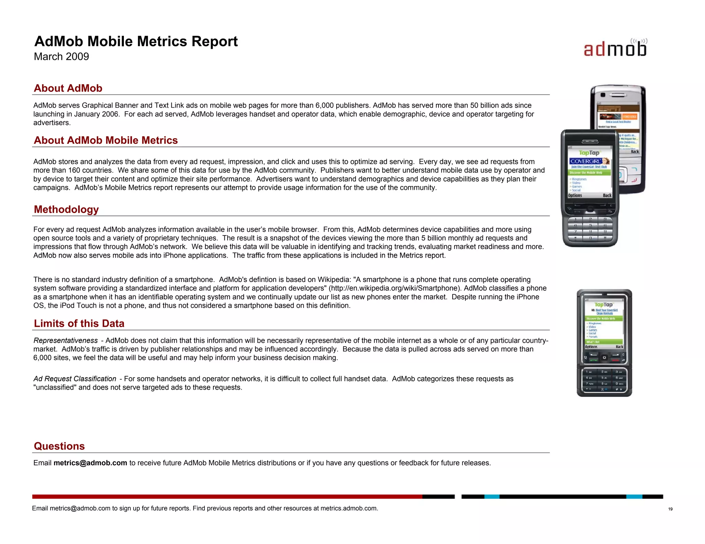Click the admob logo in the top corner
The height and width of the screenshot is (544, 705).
click(x=615, y=48)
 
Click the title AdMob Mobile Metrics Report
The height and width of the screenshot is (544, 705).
click(x=136, y=41)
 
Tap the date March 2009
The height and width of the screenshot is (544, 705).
click(x=61, y=56)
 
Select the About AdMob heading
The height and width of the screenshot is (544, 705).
click(x=68, y=88)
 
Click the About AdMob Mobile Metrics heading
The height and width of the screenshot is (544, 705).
click(x=106, y=140)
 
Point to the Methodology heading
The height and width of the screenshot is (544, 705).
click(x=66, y=209)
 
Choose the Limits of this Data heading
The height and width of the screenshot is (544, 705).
click(x=79, y=324)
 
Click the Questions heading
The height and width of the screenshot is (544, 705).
click(x=59, y=446)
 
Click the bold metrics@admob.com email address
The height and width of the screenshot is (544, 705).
click(x=90, y=463)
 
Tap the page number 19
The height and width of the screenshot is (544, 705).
click(x=670, y=509)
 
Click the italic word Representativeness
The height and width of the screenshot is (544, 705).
click(x=65, y=340)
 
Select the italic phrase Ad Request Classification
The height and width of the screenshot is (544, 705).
click(x=75, y=379)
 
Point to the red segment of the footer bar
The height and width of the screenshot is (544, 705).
click(x=227, y=497)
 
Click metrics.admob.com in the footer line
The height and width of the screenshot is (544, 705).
click(x=348, y=508)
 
